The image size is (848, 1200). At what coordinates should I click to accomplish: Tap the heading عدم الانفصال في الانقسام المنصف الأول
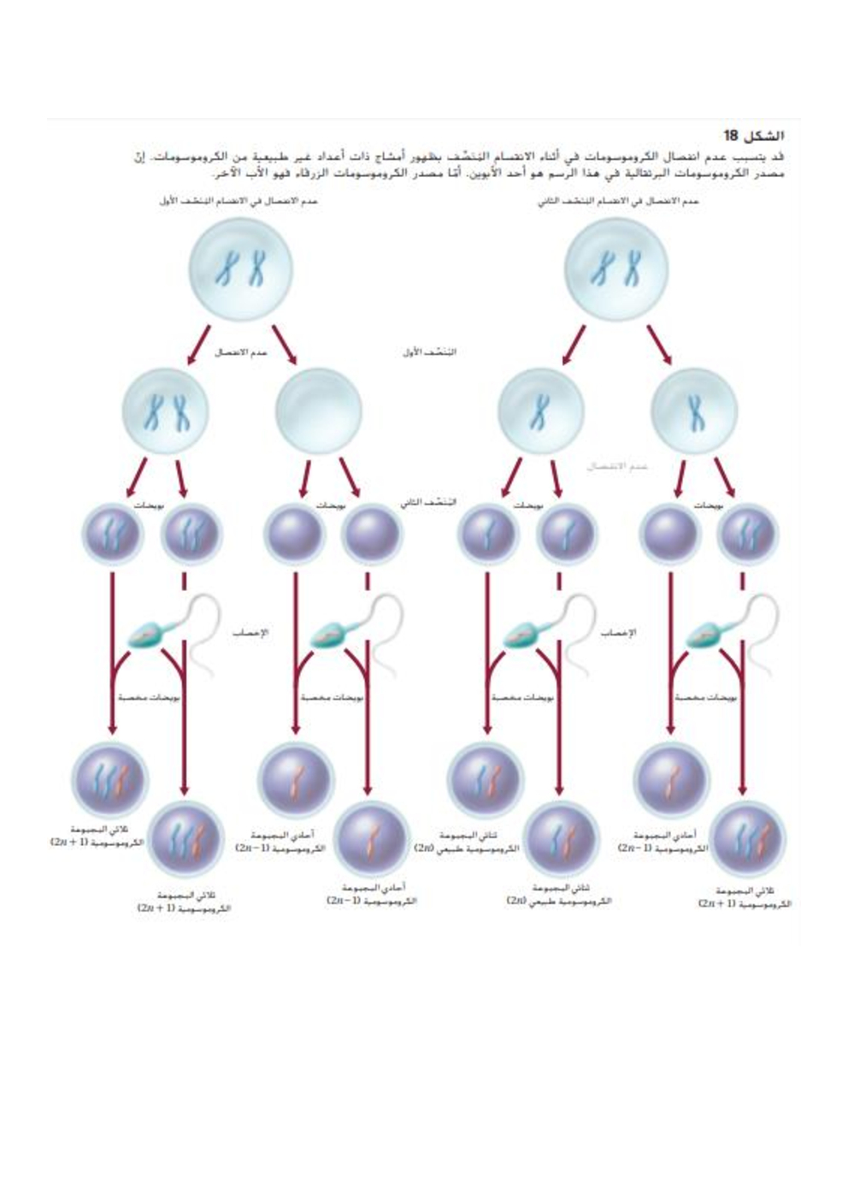coord(238,201)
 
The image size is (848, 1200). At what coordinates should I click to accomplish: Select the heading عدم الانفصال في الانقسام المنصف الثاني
coord(618,201)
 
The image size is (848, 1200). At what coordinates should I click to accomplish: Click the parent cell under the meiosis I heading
coord(240,269)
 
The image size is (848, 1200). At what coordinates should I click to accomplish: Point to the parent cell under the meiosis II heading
coord(616,269)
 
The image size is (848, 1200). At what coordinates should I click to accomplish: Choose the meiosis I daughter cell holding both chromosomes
coord(166,411)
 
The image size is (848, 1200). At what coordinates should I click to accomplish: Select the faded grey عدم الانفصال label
coord(616,466)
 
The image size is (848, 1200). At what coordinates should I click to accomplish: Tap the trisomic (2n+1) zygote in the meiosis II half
coord(748,837)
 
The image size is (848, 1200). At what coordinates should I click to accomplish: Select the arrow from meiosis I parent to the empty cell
coord(285,344)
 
